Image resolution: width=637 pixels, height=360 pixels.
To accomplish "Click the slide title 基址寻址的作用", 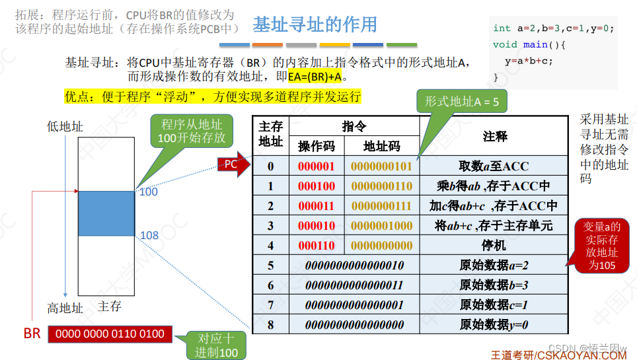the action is click(315, 24).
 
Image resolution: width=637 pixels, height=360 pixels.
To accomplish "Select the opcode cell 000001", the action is click(316, 166).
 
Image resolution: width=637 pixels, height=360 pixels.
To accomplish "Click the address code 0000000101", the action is click(381, 166).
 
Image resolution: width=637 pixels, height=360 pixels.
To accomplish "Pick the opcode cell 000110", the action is click(316, 246).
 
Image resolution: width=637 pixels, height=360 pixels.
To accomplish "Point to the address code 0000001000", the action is click(381, 226).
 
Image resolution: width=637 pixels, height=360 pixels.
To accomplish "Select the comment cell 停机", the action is click(494, 246).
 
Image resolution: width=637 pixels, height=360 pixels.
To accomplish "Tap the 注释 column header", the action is click(494, 136).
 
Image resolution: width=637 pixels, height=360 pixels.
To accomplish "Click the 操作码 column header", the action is click(317, 146).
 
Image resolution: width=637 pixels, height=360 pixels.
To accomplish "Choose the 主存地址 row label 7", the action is click(270, 305).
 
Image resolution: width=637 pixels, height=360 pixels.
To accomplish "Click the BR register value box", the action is click(110, 334).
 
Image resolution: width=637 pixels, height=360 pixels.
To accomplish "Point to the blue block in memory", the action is click(106, 213).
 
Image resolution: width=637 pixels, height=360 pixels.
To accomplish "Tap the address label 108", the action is click(149, 236).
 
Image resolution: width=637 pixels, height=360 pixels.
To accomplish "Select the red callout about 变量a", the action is click(602, 246).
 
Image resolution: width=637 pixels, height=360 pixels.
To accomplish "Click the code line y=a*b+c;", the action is click(529, 61).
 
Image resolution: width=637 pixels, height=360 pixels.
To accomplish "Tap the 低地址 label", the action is click(65, 126).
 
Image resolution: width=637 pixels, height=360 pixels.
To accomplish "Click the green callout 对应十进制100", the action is click(216, 345).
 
